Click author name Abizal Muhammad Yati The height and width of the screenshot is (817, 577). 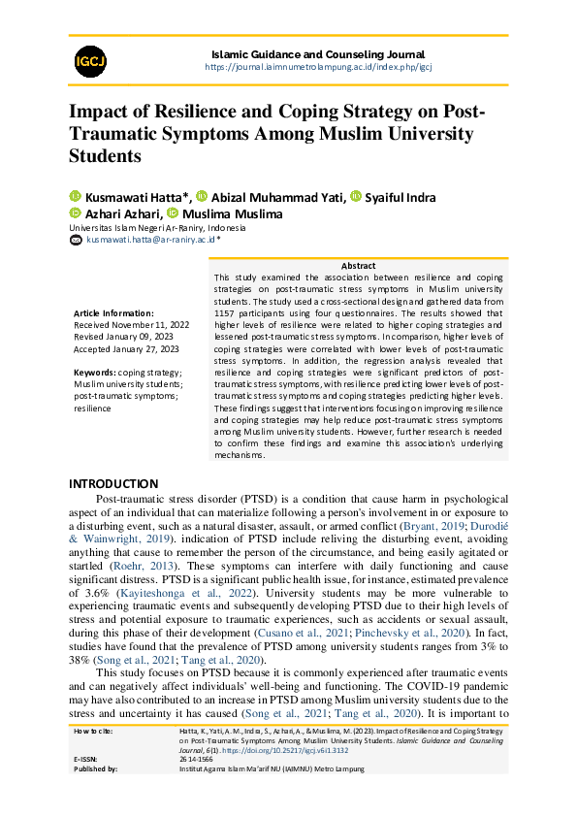click(277, 198)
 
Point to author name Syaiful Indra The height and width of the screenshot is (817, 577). click(400, 198)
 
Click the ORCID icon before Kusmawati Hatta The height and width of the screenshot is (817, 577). click(75, 198)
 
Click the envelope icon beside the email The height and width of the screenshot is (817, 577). click(75, 239)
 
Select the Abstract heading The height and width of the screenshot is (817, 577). click(358, 266)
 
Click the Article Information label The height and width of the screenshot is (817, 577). click(113, 313)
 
